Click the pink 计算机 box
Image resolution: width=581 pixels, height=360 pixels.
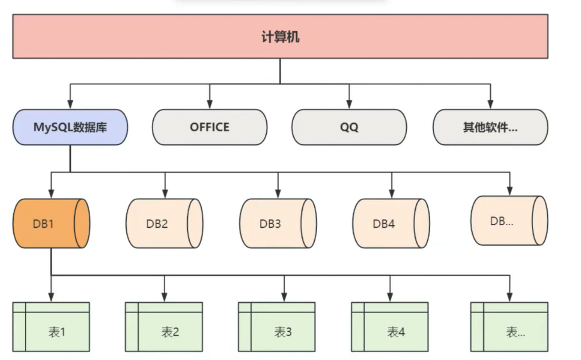click(280, 36)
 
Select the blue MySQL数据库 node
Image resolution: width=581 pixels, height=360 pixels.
click(70, 127)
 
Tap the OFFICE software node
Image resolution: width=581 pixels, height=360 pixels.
click(209, 127)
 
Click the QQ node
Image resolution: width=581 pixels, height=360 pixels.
click(349, 127)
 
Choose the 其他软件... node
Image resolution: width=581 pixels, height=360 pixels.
click(490, 127)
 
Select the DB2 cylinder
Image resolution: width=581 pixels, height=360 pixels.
click(164, 223)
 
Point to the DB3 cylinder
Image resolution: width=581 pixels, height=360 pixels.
click(278, 223)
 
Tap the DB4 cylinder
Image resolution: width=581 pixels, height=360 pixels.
click(391, 223)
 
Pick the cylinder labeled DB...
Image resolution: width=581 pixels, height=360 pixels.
click(509, 220)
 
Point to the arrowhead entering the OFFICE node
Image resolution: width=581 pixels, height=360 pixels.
click(209, 104)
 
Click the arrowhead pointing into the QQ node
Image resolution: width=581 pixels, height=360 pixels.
click(349, 104)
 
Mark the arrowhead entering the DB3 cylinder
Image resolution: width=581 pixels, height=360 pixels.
click(278, 194)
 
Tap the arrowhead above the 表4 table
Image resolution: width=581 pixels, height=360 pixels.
click(390, 297)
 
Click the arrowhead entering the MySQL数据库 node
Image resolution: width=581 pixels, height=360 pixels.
click(70, 104)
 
